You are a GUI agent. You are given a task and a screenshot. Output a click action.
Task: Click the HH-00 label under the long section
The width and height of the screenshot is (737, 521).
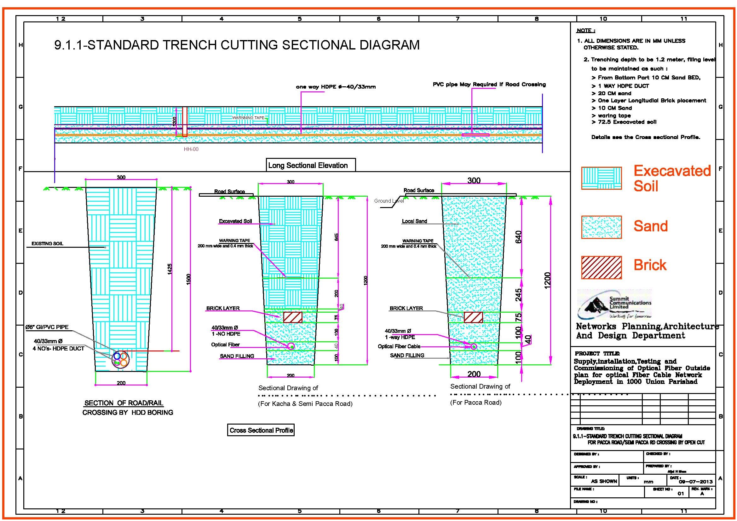click(x=191, y=149)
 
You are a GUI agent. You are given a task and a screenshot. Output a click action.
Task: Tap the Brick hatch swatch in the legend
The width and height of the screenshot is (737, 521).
click(x=601, y=267)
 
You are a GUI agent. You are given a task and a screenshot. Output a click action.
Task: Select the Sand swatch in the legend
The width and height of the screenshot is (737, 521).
click(x=601, y=227)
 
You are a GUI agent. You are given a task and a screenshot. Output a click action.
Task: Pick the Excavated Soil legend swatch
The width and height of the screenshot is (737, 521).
click(x=601, y=178)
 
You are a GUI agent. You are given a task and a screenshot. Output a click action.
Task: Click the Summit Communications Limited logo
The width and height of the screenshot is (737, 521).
click(x=614, y=304)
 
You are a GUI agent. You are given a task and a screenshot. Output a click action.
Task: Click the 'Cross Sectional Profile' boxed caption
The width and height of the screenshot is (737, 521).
click(x=261, y=430)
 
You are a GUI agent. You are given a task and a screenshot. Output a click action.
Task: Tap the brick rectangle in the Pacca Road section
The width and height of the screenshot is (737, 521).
click(x=473, y=317)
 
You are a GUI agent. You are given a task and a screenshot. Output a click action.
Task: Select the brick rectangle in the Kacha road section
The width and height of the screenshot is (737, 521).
click(x=292, y=317)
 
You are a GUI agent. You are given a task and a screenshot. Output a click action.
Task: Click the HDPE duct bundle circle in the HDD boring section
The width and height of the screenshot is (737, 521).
click(x=120, y=360)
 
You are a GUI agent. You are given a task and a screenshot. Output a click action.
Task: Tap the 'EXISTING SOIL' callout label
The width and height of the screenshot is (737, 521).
click(x=47, y=244)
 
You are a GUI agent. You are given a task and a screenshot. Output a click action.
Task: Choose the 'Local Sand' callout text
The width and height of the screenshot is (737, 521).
click(x=414, y=221)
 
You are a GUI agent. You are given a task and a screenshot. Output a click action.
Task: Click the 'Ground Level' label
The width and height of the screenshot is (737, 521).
click(x=389, y=201)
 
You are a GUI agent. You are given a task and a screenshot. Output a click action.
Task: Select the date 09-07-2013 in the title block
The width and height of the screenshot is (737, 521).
click(x=696, y=482)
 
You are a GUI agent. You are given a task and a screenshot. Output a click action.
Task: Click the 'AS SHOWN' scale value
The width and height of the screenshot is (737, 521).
click(x=604, y=481)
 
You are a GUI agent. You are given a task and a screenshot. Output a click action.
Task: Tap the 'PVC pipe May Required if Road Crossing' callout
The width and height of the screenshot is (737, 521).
click(x=489, y=84)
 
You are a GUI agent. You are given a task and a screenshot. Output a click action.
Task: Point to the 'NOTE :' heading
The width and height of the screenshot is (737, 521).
click(x=585, y=31)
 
